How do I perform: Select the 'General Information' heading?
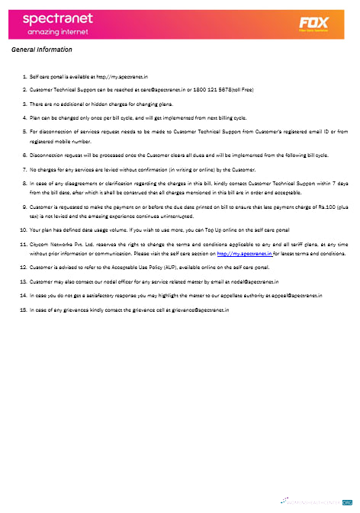click(42, 50)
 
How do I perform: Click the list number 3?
click(24, 104)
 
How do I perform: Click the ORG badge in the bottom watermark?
click(346, 503)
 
